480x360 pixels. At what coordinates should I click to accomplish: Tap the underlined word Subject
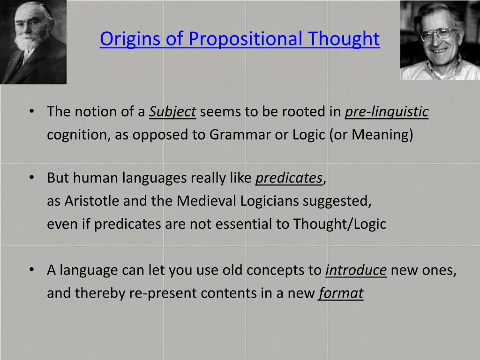172,112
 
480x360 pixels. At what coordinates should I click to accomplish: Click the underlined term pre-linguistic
386,112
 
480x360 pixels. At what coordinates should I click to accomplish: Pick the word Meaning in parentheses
382,135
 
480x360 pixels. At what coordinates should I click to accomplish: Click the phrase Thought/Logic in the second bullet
339,224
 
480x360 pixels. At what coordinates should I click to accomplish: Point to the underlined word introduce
356,270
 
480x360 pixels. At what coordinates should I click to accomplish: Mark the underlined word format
341,293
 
